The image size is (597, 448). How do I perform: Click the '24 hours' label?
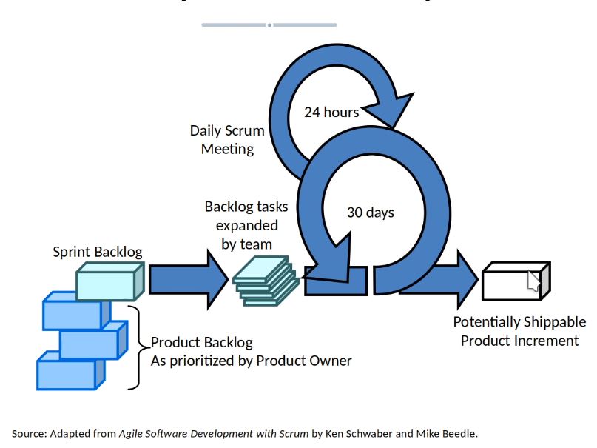coord(331,113)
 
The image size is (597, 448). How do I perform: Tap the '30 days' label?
coord(370,213)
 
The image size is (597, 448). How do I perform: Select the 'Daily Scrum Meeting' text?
coord(227,140)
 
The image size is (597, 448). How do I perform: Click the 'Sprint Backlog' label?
coord(98,252)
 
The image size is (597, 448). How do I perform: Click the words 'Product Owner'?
coord(311,361)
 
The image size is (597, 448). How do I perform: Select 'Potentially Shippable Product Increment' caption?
coord(519,331)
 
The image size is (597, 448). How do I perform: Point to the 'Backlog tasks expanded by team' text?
coord(246,224)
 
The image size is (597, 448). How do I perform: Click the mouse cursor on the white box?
coord(533,281)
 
